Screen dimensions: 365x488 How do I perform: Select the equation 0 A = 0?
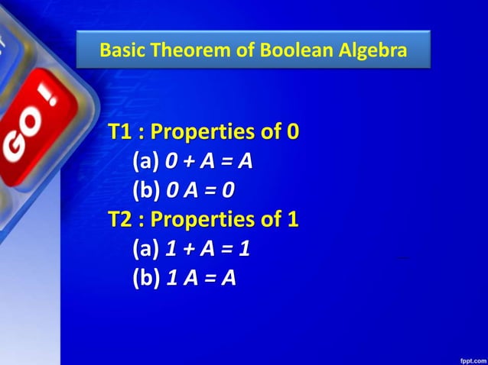200,190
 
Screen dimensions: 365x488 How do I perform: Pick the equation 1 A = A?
200,278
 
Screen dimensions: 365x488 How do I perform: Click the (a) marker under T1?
146,161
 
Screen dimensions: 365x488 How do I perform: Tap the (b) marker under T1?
146,190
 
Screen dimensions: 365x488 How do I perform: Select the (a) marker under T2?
146,249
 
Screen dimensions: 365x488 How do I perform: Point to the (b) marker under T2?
146,278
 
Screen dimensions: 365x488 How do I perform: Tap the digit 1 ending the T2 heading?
292,220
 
